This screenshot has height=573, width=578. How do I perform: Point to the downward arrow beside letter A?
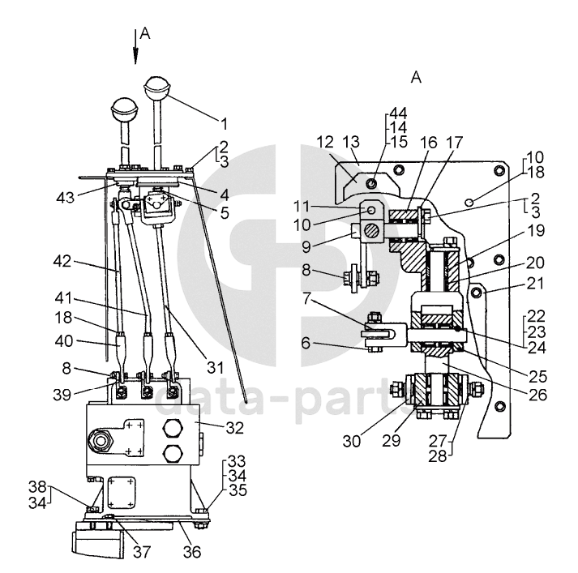click(x=135, y=46)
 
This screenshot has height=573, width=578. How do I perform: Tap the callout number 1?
click(x=225, y=124)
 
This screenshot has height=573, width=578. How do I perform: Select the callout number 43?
click(x=65, y=198)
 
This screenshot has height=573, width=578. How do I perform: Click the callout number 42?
click(x=62, y=261)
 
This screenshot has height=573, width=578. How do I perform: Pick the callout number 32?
click(x=235, y=428)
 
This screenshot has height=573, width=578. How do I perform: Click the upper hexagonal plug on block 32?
click(x=173, y=428)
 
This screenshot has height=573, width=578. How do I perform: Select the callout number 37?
click(x=142, y=552)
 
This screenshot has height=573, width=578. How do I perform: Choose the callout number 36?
click(x=192, y=552)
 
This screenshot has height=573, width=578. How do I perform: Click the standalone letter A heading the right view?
click(x=416, y=77)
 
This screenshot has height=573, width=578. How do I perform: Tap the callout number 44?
click(x=398, y=113)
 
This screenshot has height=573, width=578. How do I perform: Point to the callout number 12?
click(x=325, y=142)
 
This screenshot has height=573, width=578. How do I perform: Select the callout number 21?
click(x=535, y=284)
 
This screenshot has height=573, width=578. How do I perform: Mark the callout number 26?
click(x=537, y=395)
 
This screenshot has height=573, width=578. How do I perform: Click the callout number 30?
click(x=352, y=441)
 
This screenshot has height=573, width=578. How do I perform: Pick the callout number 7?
click(x=306, y=298)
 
